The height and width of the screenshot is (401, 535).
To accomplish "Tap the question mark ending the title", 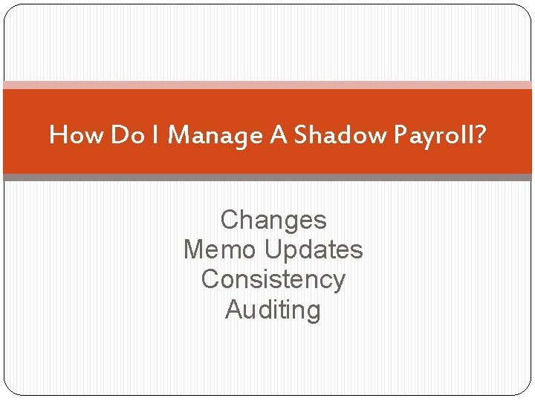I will tap(481, 134).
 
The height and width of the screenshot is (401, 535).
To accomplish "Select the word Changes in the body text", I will tap(273, 221).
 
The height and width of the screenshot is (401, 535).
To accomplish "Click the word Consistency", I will tap(273, 280).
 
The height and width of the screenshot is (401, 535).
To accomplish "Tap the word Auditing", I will tap(273, 310).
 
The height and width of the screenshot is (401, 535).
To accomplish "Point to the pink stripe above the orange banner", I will tap(267, 85).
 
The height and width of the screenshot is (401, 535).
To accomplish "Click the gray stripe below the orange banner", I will tap(267, 177).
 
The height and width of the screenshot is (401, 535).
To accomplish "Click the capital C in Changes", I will tap(229, 220).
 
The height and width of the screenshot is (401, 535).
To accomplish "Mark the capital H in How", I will tap(57, 134).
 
